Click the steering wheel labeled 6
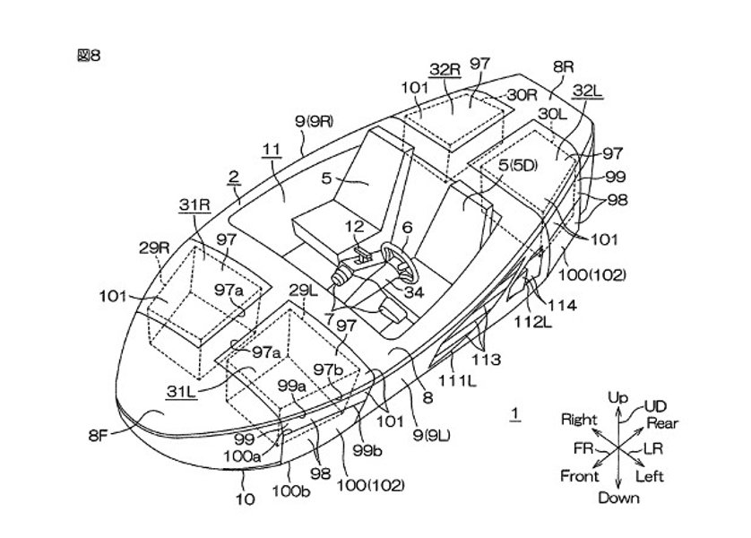pyautogui.click(x=399, y=262)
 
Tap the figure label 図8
pyautogui.click(x=89, y=56)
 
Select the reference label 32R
pyautogui.click(x=445, y=70)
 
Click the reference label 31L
pyautogui.click(x=182, y=392)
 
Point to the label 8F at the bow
pyautogui.click(x=99, y=436)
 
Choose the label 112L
pyautogui.click(x=533, y=323)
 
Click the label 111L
pyautogui.click(x=457, y=381)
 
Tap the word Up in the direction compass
pyautogui.click(x=617, y=397)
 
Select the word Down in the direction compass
pyautogui.click(x=618, y=498)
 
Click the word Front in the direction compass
pyautogui.click(x=580, y=476)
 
